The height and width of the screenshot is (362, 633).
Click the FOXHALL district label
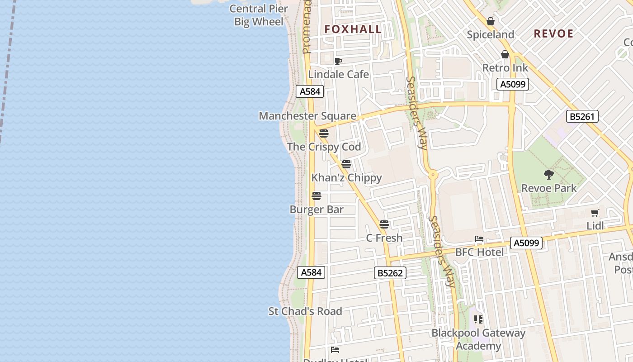(x=353, y=29)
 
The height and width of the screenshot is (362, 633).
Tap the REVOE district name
(x=553, y=33)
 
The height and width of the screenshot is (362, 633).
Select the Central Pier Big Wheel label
(x=259, y=15)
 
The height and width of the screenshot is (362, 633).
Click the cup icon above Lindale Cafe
(x=338, y=62)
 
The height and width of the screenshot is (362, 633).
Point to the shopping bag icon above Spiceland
(x=491, y=21)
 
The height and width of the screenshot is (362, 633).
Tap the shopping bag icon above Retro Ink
(x=505, y=55)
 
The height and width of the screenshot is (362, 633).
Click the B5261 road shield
(x=582, y=116)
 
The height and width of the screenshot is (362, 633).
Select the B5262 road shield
(x=390, y=273)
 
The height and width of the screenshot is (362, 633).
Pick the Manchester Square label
(x=307, y=116)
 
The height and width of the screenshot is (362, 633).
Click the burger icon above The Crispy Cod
(x=323, y=133)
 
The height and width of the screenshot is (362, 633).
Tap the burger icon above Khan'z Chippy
(x=346, y=164)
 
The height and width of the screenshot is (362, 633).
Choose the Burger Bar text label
(x=316, y=210)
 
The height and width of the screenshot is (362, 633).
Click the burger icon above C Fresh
(x=384, y=224)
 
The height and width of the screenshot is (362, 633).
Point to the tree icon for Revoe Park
(x=549, y=175)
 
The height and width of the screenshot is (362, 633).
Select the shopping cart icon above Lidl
(x=595, y=213)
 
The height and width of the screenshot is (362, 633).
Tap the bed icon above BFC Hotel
(x=479, y=239)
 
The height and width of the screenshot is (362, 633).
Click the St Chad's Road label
(x=305, y=311)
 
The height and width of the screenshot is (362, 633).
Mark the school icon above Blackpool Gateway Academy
(x=478, y=319)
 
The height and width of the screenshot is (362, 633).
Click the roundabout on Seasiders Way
(x=433, y=174)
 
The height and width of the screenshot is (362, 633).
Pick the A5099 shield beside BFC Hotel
(x=526, y=243)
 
